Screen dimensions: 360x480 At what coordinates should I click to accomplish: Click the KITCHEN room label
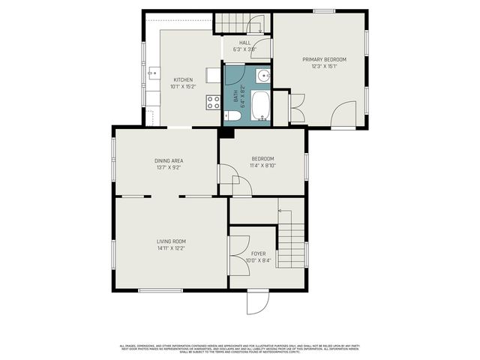click(183, 79)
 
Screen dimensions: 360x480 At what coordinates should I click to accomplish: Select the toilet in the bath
click(232, 116)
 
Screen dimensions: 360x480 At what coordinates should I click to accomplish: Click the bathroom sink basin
click(262, 76)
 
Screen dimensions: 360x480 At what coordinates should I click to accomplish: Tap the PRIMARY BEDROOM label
click(324, 59)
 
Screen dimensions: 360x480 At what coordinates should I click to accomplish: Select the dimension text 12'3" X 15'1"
click(324, 66)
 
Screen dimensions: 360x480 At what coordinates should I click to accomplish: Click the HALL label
click(244, 43)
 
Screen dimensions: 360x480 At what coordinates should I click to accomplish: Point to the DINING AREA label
click(169, 160)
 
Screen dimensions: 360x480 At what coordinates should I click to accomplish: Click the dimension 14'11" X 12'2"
click(171, 247)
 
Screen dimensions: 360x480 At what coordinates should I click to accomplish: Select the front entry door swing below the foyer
click(256, 302)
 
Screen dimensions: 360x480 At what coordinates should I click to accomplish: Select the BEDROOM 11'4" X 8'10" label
click(262, 161)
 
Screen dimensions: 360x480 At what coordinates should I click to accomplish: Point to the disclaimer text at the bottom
click(240, 348)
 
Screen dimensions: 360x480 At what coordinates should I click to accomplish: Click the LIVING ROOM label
click(171, 241)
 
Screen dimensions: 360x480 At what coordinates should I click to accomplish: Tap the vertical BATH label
click(235, 94)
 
